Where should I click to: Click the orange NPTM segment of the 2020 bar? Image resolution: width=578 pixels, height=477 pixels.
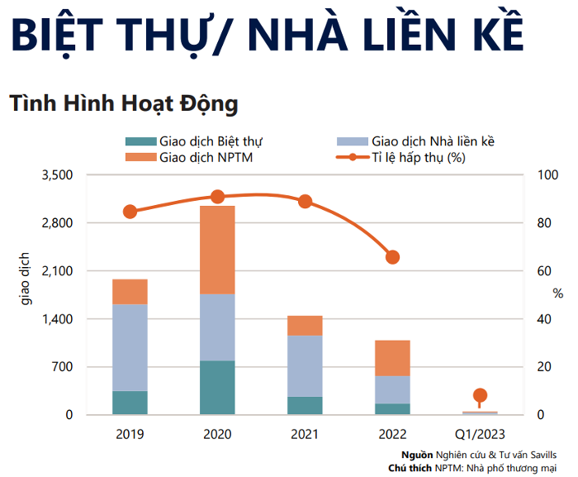click(218, 250)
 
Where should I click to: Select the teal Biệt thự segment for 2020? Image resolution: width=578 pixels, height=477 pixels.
click(218, 387)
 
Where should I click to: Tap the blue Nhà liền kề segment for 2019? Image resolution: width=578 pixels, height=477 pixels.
click(130, 347)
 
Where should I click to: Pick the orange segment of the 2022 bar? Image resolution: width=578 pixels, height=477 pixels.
click(392, 358)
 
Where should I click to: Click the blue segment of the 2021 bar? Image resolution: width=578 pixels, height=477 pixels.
click(305, 365)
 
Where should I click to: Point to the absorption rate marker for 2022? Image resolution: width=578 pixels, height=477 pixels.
click(393, 257)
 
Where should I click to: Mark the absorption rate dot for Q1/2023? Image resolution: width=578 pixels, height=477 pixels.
click(481, 395)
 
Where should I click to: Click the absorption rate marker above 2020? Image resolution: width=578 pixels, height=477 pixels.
click(218, 197)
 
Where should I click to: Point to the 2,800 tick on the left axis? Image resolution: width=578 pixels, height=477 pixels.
click(59, 223)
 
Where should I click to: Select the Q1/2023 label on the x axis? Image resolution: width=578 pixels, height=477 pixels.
click(480, 434)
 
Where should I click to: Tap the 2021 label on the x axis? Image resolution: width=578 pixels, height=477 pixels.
click(305, 434)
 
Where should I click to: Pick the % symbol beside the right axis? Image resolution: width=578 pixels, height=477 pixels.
click(558, 293)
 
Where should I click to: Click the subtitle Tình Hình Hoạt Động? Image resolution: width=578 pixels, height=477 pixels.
click(124, 104)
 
